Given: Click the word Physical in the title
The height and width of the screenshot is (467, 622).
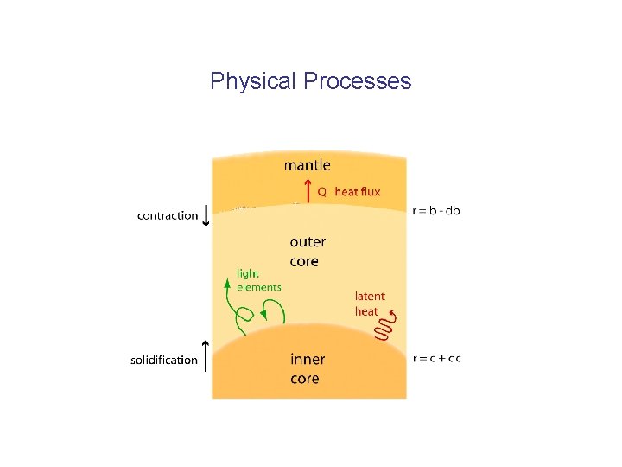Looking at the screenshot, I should click(253, 81).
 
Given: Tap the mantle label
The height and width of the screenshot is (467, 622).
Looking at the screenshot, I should click(307, 164).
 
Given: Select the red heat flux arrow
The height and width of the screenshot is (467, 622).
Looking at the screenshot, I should click(307, 190).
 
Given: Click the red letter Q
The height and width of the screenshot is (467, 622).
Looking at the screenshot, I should click(321, 192).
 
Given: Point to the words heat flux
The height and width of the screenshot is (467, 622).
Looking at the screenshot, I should click(358, 192).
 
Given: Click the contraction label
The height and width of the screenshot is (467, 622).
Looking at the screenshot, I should click(168, 215).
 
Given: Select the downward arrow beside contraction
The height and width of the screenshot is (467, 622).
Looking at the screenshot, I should click(206, 214).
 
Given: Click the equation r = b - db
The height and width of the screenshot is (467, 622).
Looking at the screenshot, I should click(436, 210).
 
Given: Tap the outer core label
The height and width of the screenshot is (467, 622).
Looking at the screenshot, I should click(307, 252).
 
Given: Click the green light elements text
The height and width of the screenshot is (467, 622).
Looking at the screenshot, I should click(258, 280).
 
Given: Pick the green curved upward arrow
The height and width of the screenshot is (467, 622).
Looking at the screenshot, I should click(232, 307).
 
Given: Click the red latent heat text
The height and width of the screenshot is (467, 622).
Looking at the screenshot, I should click(370, 304).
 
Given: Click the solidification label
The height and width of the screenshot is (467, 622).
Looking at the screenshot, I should click(164, 360).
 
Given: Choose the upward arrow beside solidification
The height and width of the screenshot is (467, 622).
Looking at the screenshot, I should click(206, 357).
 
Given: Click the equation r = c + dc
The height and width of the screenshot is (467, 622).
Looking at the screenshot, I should click(437, 357).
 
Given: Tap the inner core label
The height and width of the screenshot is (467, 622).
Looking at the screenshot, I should click(307, 368).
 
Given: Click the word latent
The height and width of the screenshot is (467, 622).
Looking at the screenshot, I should click(370, 296).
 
